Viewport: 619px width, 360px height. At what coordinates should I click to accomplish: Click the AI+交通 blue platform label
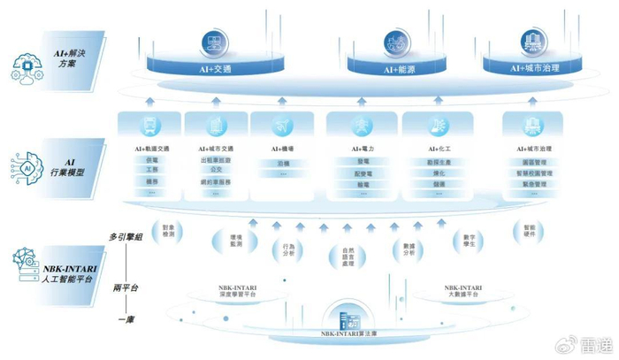[212, 65]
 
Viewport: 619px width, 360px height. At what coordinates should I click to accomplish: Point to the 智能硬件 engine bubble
[530, 229]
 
